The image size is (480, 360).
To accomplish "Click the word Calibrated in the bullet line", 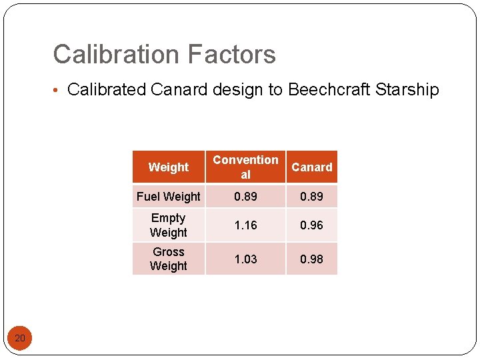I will tap(107, 89).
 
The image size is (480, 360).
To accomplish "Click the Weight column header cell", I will tap(168, 167).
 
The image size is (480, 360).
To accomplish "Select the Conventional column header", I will tap(245, 167).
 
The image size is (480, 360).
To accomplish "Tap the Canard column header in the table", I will tap(311, 167).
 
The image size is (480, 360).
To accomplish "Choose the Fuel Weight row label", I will tap(168, 197).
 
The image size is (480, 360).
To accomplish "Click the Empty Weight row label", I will tap(168, 225).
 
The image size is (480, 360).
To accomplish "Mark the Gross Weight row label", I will tap(168, 259).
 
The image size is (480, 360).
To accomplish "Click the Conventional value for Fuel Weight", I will tap(245, 197).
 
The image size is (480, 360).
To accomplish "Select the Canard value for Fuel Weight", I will tap(311, 197).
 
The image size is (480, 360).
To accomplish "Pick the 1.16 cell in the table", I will tap(245, 225).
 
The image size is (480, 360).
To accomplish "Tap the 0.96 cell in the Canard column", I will tap(311, 225).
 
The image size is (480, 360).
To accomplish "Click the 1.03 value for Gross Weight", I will tap(245, 259).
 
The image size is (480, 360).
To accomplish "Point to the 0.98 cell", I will tap(311, 259).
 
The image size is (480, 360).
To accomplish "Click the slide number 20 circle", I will tap(20, 339).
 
